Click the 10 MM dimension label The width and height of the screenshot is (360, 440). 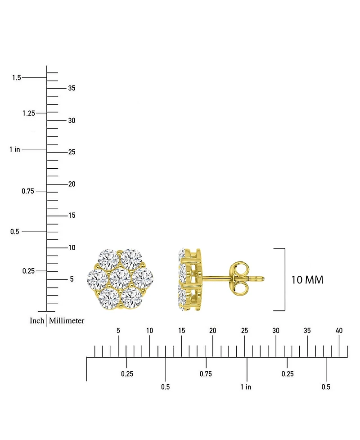click(x=307, y=280)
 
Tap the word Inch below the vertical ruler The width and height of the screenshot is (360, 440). click(x=37, y=320)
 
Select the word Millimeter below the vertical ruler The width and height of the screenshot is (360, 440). click(x=67, y=320)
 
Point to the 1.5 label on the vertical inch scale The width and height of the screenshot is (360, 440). click(x=17, y=77)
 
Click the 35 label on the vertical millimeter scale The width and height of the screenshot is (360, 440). click(x=72, y=88)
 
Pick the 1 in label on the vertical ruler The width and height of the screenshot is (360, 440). click(x=14, y=149)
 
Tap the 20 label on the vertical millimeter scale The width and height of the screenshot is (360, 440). click(x=72, y=184)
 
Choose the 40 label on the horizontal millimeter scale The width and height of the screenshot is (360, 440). click(x=339, y=331)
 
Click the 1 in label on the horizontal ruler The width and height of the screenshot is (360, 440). click(x=246, y=387)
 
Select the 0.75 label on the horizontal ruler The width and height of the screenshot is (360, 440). click(x=206, y=374)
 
